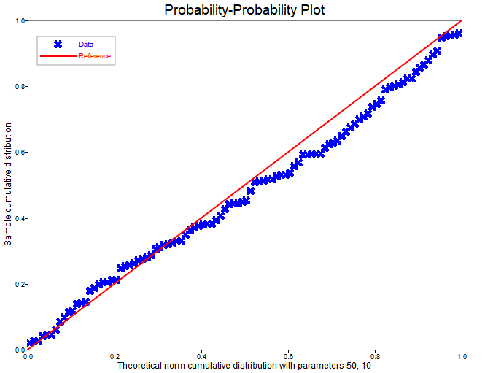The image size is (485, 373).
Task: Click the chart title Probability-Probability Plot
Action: tap(244, 10)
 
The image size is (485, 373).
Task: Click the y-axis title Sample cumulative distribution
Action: tap(8, 185)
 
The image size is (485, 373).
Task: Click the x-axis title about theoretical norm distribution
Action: tap(244, 365)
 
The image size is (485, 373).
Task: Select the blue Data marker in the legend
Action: tap(58, 45)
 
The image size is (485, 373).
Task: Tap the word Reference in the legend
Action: tap(95, 56)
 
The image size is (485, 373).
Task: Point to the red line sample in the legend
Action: tap(58, 56)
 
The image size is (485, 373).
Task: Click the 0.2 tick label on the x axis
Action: tap(115, 357)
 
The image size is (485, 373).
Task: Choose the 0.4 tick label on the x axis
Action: tap(201, 357)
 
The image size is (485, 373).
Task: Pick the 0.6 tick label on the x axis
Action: tap(288, 357)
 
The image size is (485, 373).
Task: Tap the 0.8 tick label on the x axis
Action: tap(375, 357)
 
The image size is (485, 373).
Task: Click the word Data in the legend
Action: tap(86, 45)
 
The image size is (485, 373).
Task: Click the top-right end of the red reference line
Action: tap(461, 21)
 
